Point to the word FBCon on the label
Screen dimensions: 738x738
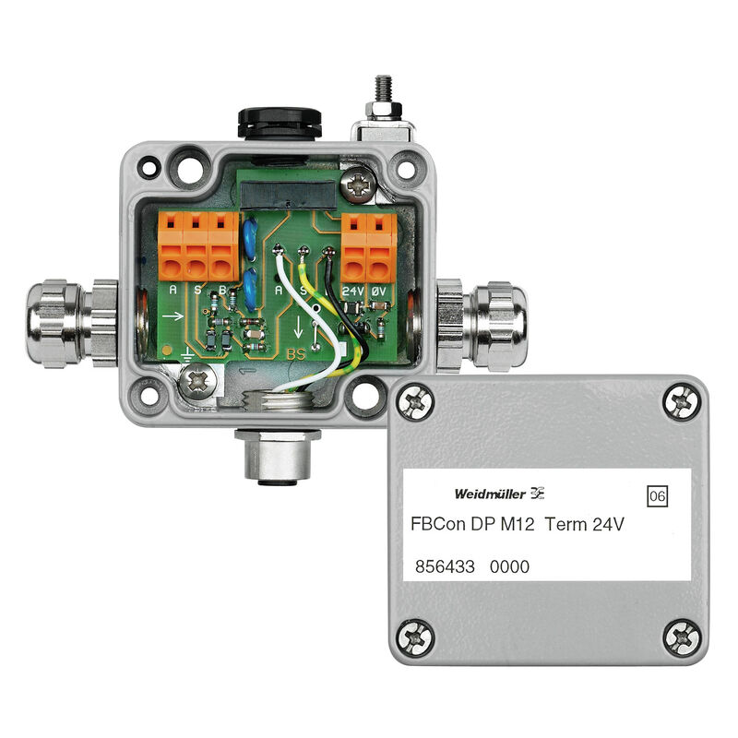(442, 524)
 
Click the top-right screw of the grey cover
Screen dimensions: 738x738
(682, 399)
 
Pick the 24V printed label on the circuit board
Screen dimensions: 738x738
(353, 290)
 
